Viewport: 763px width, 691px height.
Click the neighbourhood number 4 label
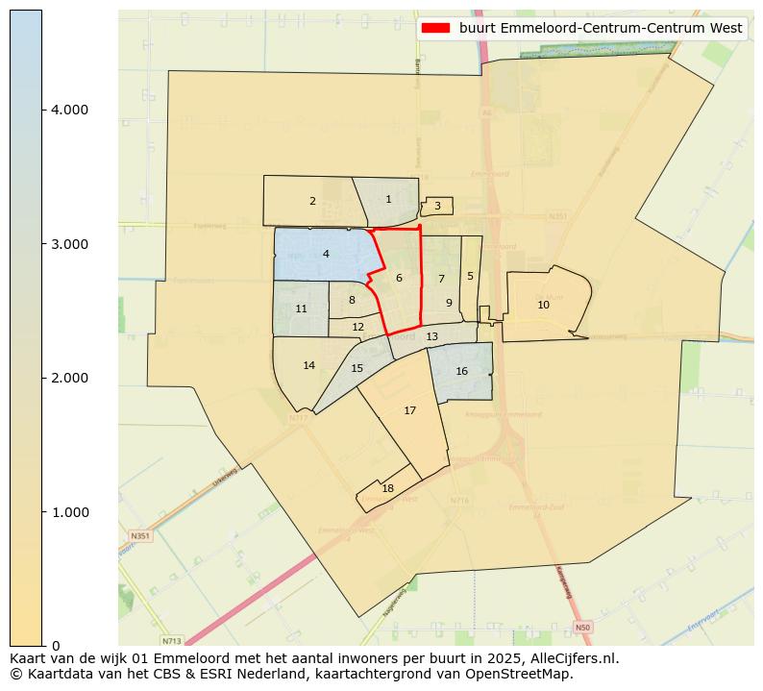point(326,254)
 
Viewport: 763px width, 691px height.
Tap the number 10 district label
point(543,305)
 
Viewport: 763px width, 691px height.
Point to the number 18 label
point(387,488)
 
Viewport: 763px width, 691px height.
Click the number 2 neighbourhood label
point(312,201)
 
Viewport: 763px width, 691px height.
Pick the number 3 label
point(437,206)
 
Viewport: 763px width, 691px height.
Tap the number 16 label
point(461,371)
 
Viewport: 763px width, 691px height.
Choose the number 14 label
point(308,365)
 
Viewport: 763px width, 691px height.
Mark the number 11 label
point(301,308)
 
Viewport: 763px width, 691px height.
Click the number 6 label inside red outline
point(399,278)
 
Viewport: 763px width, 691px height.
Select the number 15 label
point(357,368)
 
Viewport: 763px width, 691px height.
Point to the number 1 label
point(388,199)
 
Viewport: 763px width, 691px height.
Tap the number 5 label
point(470,276)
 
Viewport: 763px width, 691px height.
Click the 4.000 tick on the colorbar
point(68,110)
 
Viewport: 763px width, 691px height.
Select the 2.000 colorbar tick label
point(68,378)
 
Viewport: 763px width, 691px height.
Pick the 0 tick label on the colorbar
point(56,646)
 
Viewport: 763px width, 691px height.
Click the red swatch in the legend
point(435,28)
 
